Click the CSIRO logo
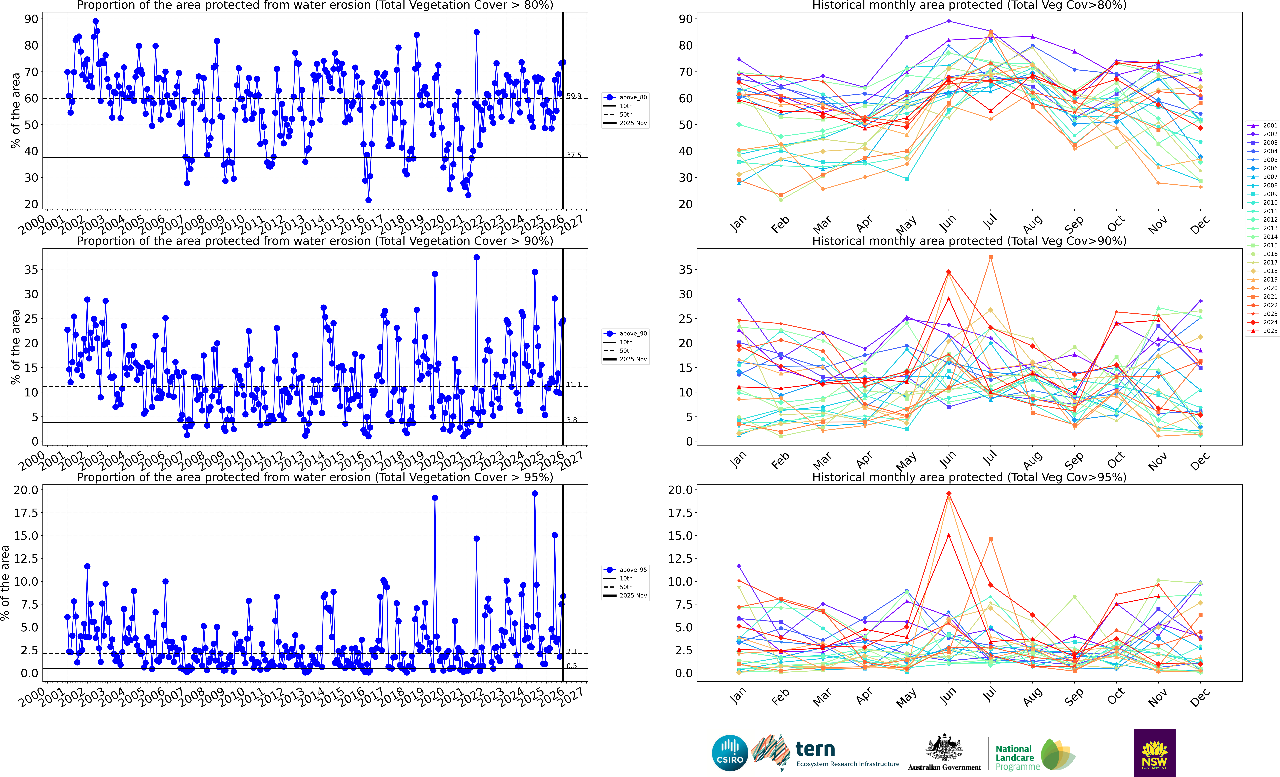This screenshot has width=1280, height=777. pyautogui.click(x=730, y=753)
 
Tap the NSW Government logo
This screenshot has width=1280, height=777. pyautogui.click(x=1154, y=753)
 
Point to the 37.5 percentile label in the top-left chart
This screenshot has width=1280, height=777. pyautogui.click(x=574, y=155)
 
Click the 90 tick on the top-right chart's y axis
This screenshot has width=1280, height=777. pyautogui.click(x=685, y=19)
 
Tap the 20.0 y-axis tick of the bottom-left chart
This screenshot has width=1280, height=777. pyautogui.click(x=26, y=490)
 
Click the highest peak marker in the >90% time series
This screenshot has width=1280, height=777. pyautogui.click(x=476, y=257)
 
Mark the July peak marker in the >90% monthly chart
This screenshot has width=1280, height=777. pyautogui.click(x=991, y=257)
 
